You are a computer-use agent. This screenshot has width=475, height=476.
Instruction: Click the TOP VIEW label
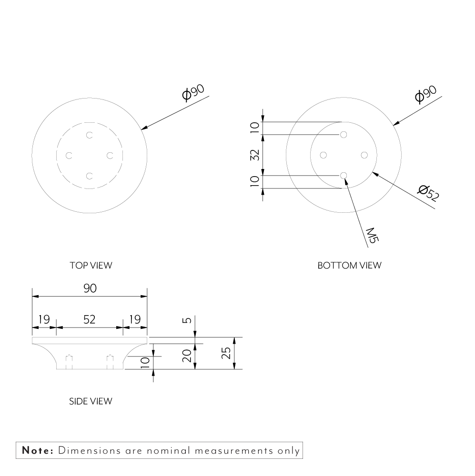pyautogui.click(x=91, y=266)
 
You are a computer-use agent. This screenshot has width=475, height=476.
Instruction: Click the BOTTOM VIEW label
pyautogui.click(x=349, y=266)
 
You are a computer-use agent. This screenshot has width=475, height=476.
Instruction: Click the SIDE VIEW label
pyautogui.click(x=91, y=401)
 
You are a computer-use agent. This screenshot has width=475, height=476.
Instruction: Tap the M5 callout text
pyautogui.click(x=372, y=235)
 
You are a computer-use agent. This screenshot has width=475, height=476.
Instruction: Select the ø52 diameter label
pyautogui.click(x=427, y=193)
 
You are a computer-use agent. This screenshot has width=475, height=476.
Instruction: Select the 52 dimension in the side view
pyautogui.click(x=89, y=319)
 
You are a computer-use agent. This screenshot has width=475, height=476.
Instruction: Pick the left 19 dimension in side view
pyautogui.click(x=44, y=319)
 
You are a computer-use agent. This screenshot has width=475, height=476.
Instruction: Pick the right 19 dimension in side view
pyautogui.click(x=135, y=319)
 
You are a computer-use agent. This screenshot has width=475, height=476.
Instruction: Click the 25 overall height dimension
pyautogui.click(x=227, y=353)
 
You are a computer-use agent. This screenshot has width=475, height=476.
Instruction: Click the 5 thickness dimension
pyautogui.click(x=187, y=320)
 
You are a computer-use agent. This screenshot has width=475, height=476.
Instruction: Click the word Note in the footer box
pyautogui.click(x=38, y=450)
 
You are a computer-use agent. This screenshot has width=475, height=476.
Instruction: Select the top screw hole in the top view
pyautogui.click(x=89, y=135)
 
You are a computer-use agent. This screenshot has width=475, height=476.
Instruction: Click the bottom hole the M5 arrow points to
pyautogui.click(x=344, y=176)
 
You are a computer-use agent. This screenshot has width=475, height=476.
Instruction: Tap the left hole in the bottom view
pyautogui.click(x=323, y=155)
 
